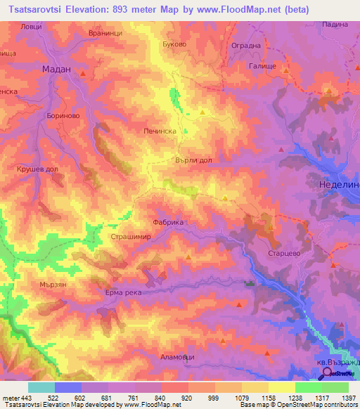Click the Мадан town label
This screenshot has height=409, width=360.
(57, 70)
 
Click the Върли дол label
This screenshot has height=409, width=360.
(193, 160)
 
